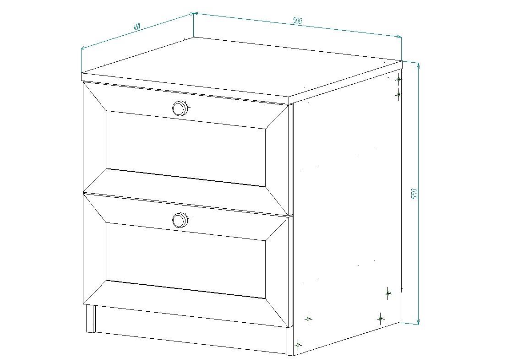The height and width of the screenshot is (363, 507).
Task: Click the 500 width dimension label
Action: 297,21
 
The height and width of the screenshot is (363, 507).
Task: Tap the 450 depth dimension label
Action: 137,26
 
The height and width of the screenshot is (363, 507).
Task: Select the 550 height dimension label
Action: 415,194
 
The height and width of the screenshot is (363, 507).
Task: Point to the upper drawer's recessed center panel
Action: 186,148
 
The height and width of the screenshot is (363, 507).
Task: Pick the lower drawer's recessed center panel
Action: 186,260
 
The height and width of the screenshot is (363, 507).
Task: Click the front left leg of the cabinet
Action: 90,319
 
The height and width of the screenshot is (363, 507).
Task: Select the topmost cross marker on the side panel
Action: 399,79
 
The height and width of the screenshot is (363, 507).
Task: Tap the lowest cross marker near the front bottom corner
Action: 298,345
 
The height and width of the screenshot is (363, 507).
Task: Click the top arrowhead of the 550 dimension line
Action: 419,65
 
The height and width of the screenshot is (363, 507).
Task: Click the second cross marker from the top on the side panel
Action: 399,94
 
